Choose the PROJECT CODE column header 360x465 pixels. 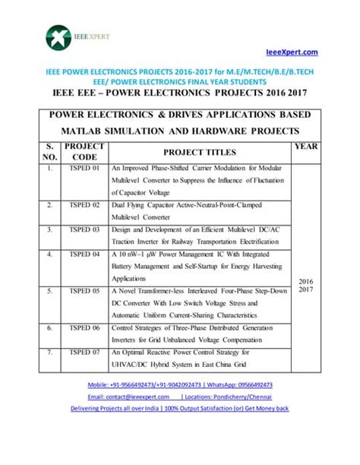[x=84, y=150]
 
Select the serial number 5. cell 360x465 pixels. [x=49, y=291]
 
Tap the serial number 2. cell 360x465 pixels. [x=49, y=205]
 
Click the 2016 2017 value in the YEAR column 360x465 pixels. [x=305, y=284]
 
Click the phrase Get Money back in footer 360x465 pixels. [x=262, y=408]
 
